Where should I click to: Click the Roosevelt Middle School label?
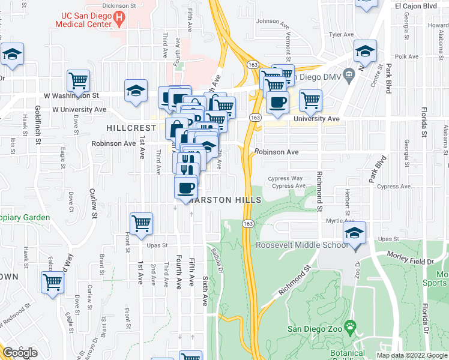[301, 245]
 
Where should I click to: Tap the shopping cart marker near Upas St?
[142, 223]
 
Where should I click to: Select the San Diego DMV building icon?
[349, 75]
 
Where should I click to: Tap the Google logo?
[20, 353]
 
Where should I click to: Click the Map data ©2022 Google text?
[412, 355]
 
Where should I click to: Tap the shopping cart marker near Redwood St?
[53, 282]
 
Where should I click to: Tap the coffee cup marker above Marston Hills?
[185, 188]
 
